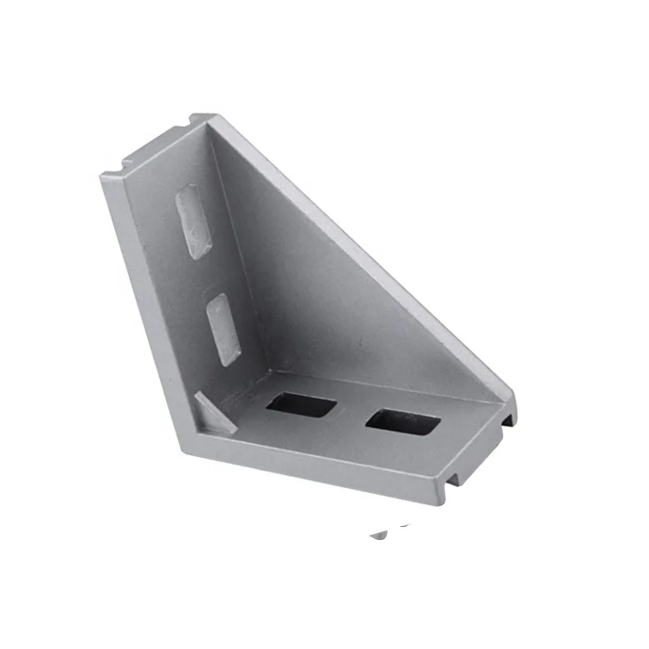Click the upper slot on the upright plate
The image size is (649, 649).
193,221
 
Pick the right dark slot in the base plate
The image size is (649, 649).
402,422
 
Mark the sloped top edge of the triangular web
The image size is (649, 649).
363,251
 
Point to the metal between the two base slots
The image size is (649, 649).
350,413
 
